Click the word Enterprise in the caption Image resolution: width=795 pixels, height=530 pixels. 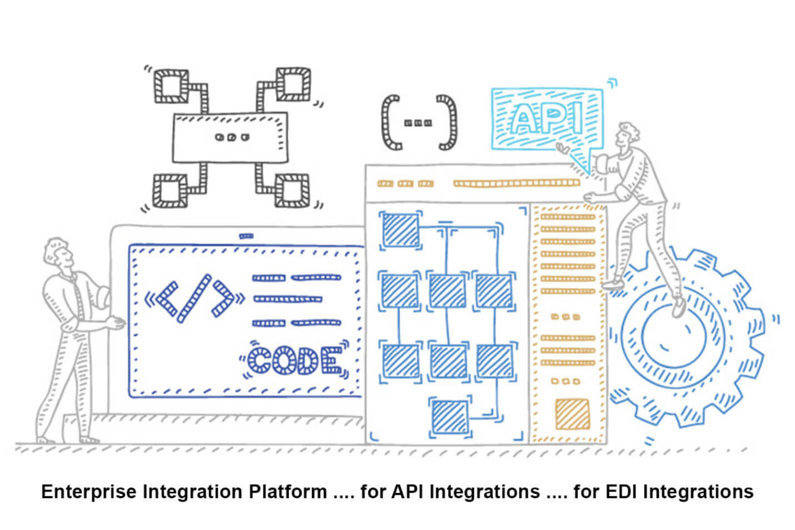coord(89,492)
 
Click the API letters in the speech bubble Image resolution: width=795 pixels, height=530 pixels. coord(545,118)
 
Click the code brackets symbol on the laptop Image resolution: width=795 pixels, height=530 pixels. coord(194,298)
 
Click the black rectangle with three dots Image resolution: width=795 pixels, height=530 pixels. coord(230,137)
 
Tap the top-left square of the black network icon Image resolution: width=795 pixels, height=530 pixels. coord(171,86)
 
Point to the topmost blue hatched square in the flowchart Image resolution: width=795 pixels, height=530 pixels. coord(399,229)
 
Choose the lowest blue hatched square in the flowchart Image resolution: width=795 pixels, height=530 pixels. coord(449,417)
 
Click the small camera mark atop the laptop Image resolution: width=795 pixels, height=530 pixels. coord(246,236)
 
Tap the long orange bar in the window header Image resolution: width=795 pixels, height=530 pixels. coord(517,183)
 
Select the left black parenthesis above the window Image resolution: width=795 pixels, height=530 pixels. coord(391,123)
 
